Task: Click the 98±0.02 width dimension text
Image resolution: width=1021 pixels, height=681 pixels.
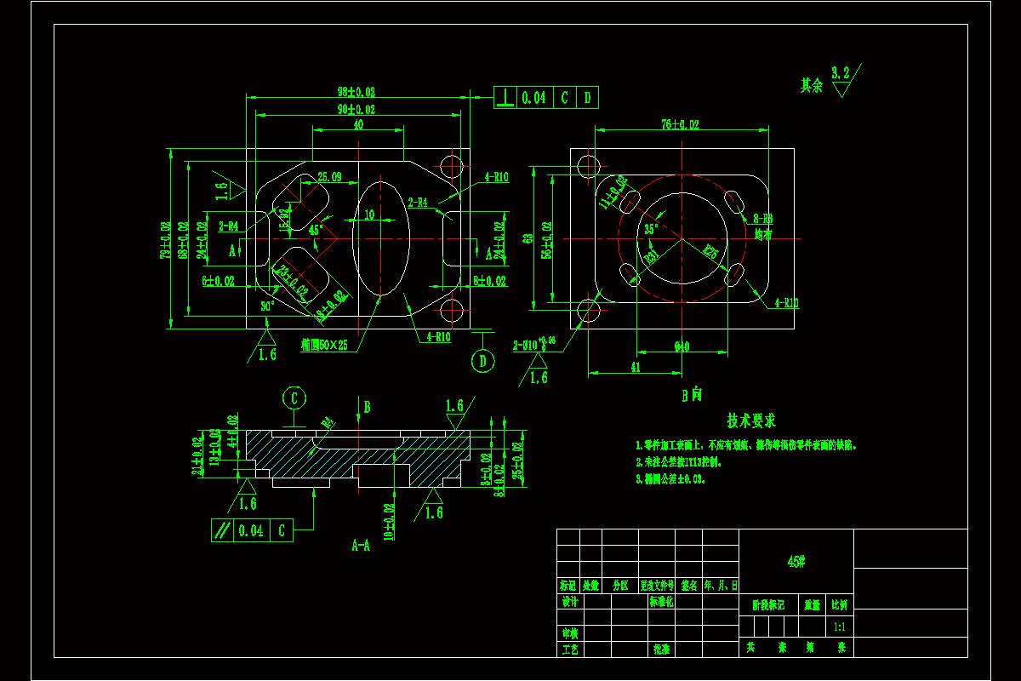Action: (x=356, y=91)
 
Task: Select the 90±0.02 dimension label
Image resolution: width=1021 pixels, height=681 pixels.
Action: (x=356, y=110)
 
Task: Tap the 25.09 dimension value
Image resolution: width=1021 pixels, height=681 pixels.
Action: (x=329, y=177)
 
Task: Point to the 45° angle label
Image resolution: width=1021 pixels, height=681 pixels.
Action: (x=316, y=230)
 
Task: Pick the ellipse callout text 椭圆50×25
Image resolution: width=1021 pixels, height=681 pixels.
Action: (x=324, y=345)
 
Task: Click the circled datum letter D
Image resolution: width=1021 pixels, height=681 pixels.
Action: (x=483, y=361)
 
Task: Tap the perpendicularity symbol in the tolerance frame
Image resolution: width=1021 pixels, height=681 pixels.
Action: (x=505, y=98)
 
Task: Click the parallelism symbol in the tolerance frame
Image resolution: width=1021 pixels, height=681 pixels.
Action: (x=222, y=530)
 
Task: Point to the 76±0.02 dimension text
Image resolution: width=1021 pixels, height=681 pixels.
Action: (x=680, y=125)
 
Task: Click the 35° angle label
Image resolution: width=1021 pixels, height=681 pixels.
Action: (x=651, y=229)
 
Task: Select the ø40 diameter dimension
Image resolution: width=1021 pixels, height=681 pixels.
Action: (x=682, y=346)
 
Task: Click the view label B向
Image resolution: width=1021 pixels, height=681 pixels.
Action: (x=691, y=395)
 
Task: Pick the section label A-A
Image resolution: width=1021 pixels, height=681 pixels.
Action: (x=361, y=545)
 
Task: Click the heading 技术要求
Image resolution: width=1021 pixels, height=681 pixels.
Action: (x=750, y=421)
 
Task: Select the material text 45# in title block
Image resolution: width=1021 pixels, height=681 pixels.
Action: (x=796, y=561)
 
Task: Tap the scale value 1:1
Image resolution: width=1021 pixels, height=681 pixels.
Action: (x=840, y=627)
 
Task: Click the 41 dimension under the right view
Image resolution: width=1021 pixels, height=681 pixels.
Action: (x=635, y=367)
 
